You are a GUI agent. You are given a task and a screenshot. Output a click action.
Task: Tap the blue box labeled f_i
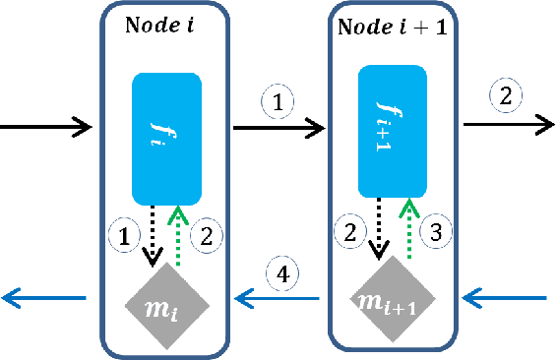tap(166, 136)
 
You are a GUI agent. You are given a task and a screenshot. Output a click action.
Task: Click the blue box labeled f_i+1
tap(394, 127)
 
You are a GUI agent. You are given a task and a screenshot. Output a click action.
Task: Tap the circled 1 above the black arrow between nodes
tap(278, 100)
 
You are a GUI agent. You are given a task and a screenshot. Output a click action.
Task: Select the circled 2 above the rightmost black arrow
tap(506, 95)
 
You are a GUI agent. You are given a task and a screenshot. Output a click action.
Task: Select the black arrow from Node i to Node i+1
tap(278, 127)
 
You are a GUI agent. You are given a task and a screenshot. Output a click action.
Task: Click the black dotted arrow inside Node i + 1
tap(378, 227)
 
